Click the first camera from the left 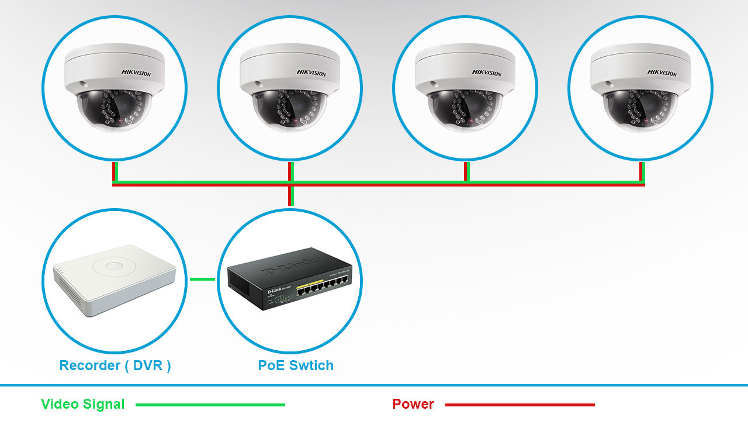115,88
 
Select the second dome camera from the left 290,88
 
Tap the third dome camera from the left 465,88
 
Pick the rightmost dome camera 640,88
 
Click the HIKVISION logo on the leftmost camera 136,73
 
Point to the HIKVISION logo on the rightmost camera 662,73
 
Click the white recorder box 115,279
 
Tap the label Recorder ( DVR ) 115,365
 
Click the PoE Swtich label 296,365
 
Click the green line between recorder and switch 202,279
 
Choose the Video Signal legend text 83,404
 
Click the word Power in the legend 413,404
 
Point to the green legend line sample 210,405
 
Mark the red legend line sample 520,405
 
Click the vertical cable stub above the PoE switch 290,196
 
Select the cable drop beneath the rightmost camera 642,172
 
